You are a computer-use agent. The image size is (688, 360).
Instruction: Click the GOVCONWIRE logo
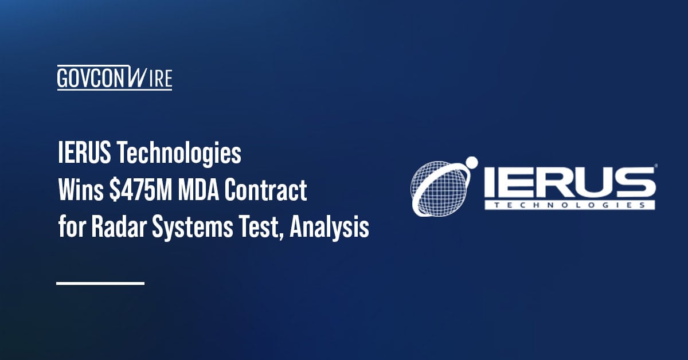click(x=114, y=78)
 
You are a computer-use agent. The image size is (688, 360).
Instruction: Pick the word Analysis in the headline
click(x=329, y=229)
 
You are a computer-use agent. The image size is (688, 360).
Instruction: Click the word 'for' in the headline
click(x=69, y=229)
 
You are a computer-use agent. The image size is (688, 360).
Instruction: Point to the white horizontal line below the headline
click(x=100, y=283)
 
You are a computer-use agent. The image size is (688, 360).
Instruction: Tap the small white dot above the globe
click(x=471, y=162)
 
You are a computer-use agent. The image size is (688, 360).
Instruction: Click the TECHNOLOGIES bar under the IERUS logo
click(x=569, y=204)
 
